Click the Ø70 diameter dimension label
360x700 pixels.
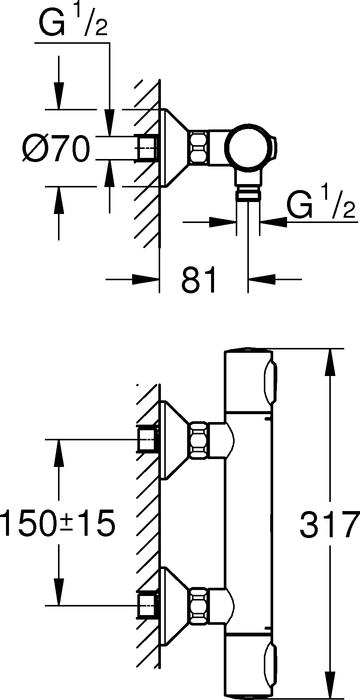[55, 149]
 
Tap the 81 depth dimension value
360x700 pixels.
[199, 280]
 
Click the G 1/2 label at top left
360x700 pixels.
[73, 23]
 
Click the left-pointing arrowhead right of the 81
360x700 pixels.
[262, 279]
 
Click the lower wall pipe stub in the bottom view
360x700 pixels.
[147, 605]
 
